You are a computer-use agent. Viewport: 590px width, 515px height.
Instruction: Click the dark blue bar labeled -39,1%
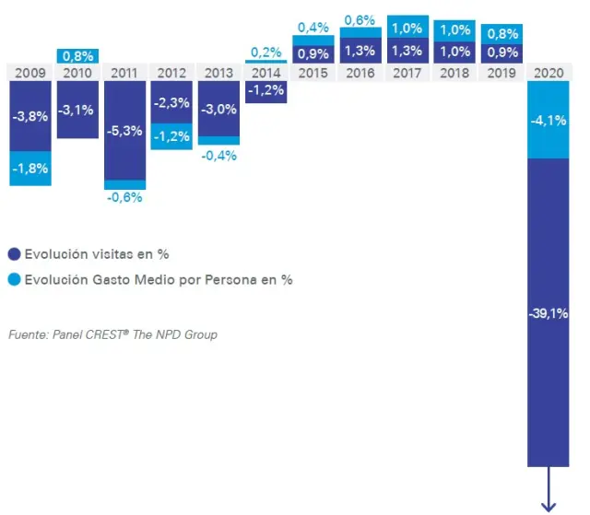(549, 313)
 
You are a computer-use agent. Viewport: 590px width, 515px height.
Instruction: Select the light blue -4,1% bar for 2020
(549, 120)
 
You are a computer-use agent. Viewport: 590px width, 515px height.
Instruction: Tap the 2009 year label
(30, 72)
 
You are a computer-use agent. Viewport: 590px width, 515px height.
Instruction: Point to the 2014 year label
(266, 72)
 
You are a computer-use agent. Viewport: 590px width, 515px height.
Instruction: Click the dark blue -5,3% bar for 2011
(124, 130)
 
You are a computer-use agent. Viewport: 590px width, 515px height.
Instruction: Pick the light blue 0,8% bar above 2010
(77, 55)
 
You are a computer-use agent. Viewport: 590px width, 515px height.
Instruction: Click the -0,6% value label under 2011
(124, 196)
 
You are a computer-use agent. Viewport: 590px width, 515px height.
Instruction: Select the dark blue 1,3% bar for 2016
(360, 52)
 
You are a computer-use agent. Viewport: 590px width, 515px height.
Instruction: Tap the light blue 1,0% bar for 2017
(407, 28)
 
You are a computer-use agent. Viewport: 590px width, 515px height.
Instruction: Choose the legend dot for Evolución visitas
(14, 254)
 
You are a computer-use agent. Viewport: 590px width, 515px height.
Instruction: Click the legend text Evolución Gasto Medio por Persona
(158, 279)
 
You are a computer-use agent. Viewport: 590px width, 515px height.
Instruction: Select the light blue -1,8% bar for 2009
(30, 169)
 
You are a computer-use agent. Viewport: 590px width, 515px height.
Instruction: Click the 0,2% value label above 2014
(266, 53)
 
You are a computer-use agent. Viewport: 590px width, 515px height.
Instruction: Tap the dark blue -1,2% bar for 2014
(266, 90)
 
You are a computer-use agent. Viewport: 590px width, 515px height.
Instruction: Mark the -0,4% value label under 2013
(219, 156)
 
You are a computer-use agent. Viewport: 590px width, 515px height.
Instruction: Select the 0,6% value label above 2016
(360, 18)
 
